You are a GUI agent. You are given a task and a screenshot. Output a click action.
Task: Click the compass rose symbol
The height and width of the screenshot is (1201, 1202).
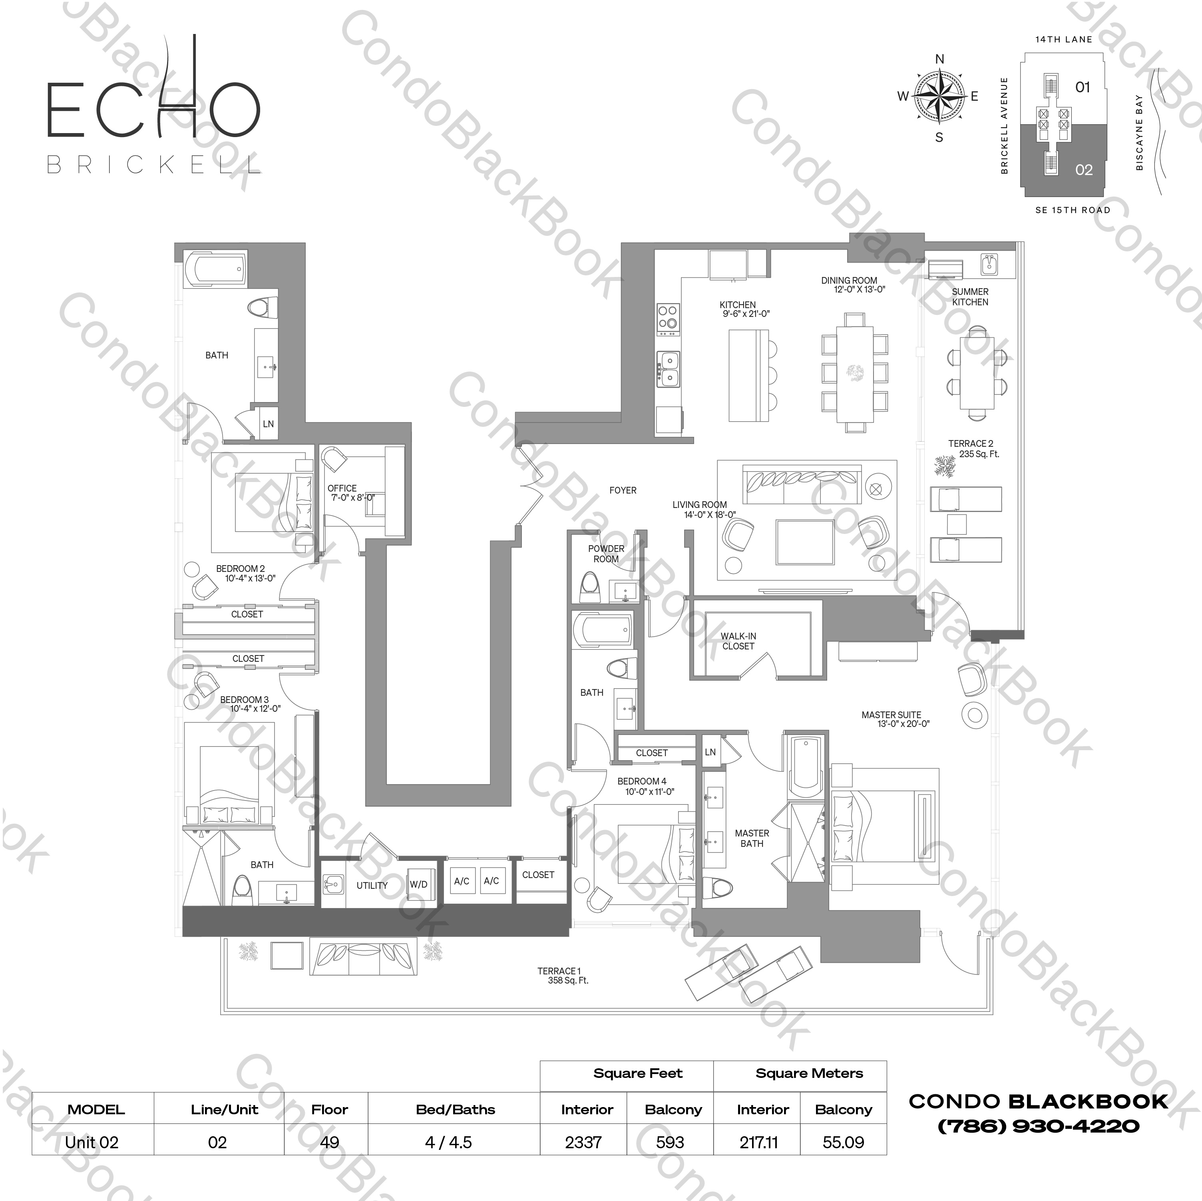click(939, 96)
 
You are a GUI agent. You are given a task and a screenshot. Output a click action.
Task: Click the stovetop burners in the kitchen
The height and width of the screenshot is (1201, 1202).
click(668, 317)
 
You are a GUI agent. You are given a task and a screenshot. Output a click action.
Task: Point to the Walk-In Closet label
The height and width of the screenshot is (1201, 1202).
click(738, 641)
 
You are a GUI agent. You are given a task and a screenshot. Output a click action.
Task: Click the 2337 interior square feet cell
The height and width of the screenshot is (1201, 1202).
click(583, 1143)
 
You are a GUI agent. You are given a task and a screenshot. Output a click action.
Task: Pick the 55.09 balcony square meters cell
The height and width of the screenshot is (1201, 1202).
click(843, 1143)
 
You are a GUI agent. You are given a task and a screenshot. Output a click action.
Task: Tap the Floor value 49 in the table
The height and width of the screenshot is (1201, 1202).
click(329, 1143)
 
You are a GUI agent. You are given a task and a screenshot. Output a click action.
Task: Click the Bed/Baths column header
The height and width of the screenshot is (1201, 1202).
click(456, 1109)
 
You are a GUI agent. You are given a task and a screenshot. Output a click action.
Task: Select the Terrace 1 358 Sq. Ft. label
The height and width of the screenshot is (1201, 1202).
click(562, 975)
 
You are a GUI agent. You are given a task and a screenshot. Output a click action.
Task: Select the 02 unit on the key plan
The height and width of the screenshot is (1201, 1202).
click(1083, 170)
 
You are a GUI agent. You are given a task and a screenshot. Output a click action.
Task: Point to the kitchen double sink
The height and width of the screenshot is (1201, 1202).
click(669, 368)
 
